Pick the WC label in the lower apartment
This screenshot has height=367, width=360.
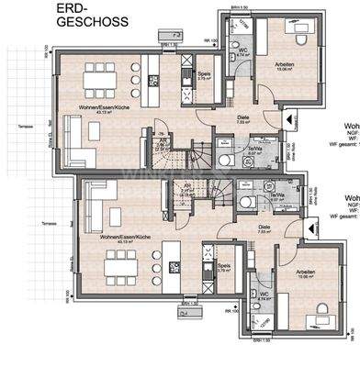point(265,294)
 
